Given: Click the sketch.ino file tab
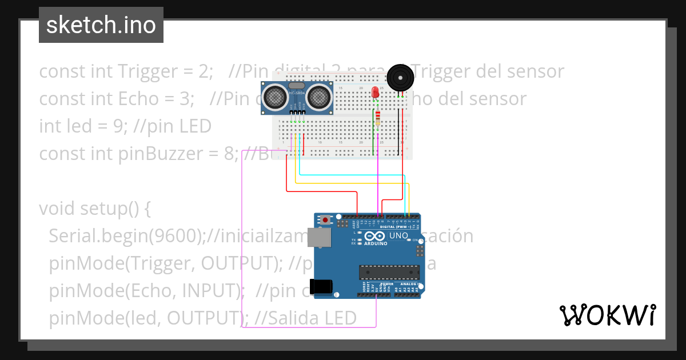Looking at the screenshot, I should click(101, 25).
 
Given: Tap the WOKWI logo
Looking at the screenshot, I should click(607, 315).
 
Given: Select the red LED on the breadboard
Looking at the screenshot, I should click(375, 93).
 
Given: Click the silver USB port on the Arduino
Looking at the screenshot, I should click(322, 238).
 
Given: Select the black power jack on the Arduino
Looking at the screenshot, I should click(320, 286).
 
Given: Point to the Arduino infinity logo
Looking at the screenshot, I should click(374, 237).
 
